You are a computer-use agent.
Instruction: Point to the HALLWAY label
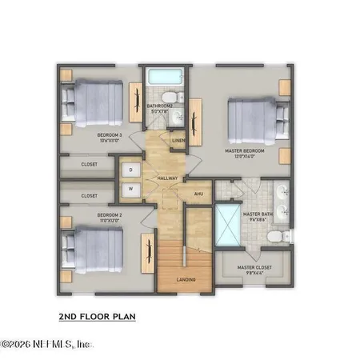pos(167,178)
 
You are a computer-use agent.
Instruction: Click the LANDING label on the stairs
pos(186,279)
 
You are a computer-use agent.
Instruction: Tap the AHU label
pos(198,194)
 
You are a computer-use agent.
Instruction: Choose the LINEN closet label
pos(178,142)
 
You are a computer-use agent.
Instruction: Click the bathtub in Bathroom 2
pos(166,79)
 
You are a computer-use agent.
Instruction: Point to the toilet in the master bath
pos(274,237)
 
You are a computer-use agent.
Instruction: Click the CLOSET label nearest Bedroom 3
pos(90,166)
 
